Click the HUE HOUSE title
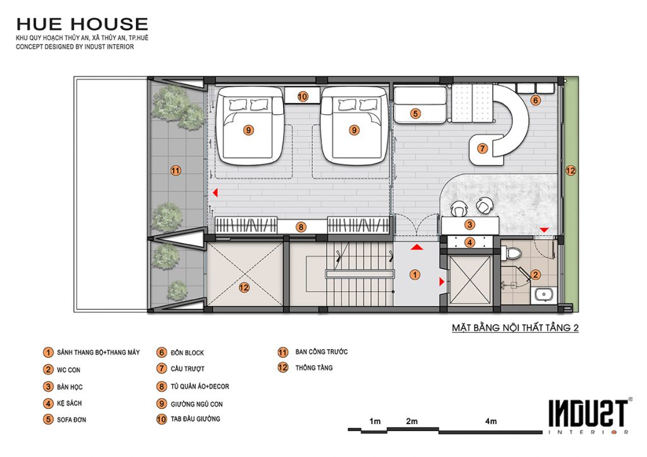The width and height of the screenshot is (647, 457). [82, 25]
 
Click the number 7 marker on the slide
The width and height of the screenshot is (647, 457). [482, 148]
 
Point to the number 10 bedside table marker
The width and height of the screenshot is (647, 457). [303, 97]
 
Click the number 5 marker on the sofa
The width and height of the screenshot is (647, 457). [416, 114]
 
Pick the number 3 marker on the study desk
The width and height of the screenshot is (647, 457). [469, 225]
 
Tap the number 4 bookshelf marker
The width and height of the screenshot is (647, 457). [469, 242]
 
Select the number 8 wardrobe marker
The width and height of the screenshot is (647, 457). [301, 227]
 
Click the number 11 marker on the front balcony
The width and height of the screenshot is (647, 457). [176, 170]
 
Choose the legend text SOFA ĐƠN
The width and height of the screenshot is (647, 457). [71, 420]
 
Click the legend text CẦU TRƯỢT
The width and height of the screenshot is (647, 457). [188, 369]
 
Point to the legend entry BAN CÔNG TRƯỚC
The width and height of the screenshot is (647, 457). [322, 352]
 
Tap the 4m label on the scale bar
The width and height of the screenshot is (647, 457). [491, 421]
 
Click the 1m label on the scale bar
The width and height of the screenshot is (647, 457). [375, 421]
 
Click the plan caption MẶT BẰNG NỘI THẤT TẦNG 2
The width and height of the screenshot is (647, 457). [515, 328]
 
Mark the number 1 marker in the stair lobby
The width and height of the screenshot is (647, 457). [414, 275]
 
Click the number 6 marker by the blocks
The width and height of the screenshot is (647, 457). [535, 100]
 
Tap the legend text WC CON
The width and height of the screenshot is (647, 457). [68, 370]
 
